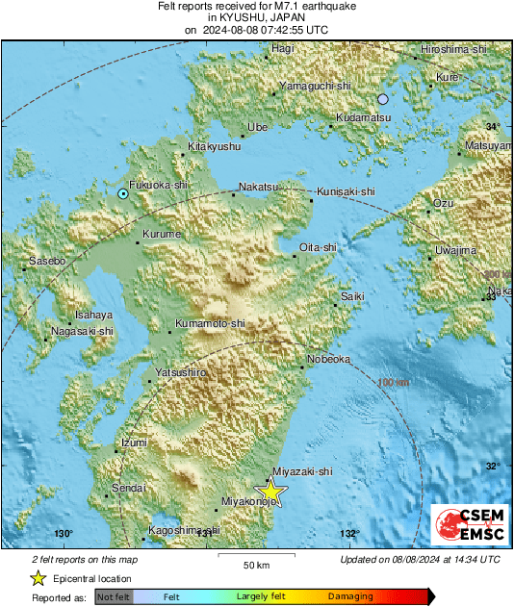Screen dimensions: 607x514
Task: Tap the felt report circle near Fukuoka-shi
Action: coord(123,194)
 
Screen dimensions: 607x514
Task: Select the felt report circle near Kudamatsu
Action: coord(383,99)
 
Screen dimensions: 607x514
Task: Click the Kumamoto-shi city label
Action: coord(210,324)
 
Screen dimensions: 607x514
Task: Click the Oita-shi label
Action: coord(319,247)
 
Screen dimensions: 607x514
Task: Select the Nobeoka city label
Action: coord(330,359)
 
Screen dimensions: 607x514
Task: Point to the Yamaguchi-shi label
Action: coord(314,86)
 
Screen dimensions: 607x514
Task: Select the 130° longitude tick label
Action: coord(64,534)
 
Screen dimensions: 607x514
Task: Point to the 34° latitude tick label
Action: coord(493,127)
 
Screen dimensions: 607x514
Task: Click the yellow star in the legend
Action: coord(38,578)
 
